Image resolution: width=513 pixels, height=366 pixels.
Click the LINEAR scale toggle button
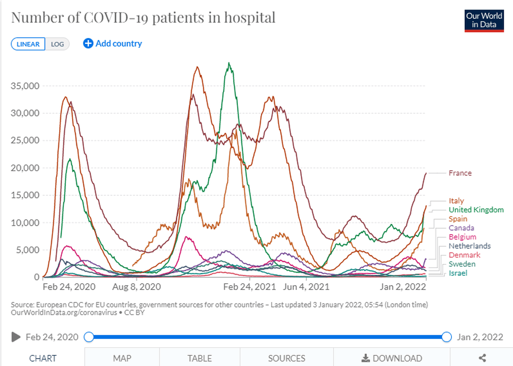click(x=28, y=44)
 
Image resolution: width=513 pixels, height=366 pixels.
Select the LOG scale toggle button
click(x=57, y=44)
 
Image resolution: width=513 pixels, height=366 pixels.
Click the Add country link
click(x=113, y=44)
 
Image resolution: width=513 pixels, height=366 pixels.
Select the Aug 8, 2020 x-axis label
click(x=137, y=286)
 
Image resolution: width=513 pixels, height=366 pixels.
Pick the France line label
click(x=460, y=173)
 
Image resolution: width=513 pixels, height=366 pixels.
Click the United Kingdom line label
click(x=476, y=210)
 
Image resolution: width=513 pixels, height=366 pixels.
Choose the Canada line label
click(x=462, y=228)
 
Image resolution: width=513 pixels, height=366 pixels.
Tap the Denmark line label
click(x=464, y=255)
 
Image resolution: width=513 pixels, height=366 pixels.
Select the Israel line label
click(x=458, y=273)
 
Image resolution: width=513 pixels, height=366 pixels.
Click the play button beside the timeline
click(x=17, y=337)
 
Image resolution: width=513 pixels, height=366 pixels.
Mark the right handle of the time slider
click(x=446, y=337)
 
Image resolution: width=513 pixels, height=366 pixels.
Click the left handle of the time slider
click(x=89, y=337)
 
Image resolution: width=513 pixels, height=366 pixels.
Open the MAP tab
click(x=122, y=358)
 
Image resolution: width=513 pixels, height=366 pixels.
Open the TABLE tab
click(x=200, y=358)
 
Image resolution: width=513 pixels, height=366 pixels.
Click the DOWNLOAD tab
click(x=392, y=358)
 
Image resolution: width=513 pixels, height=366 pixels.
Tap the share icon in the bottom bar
click(x=482, y=358)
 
